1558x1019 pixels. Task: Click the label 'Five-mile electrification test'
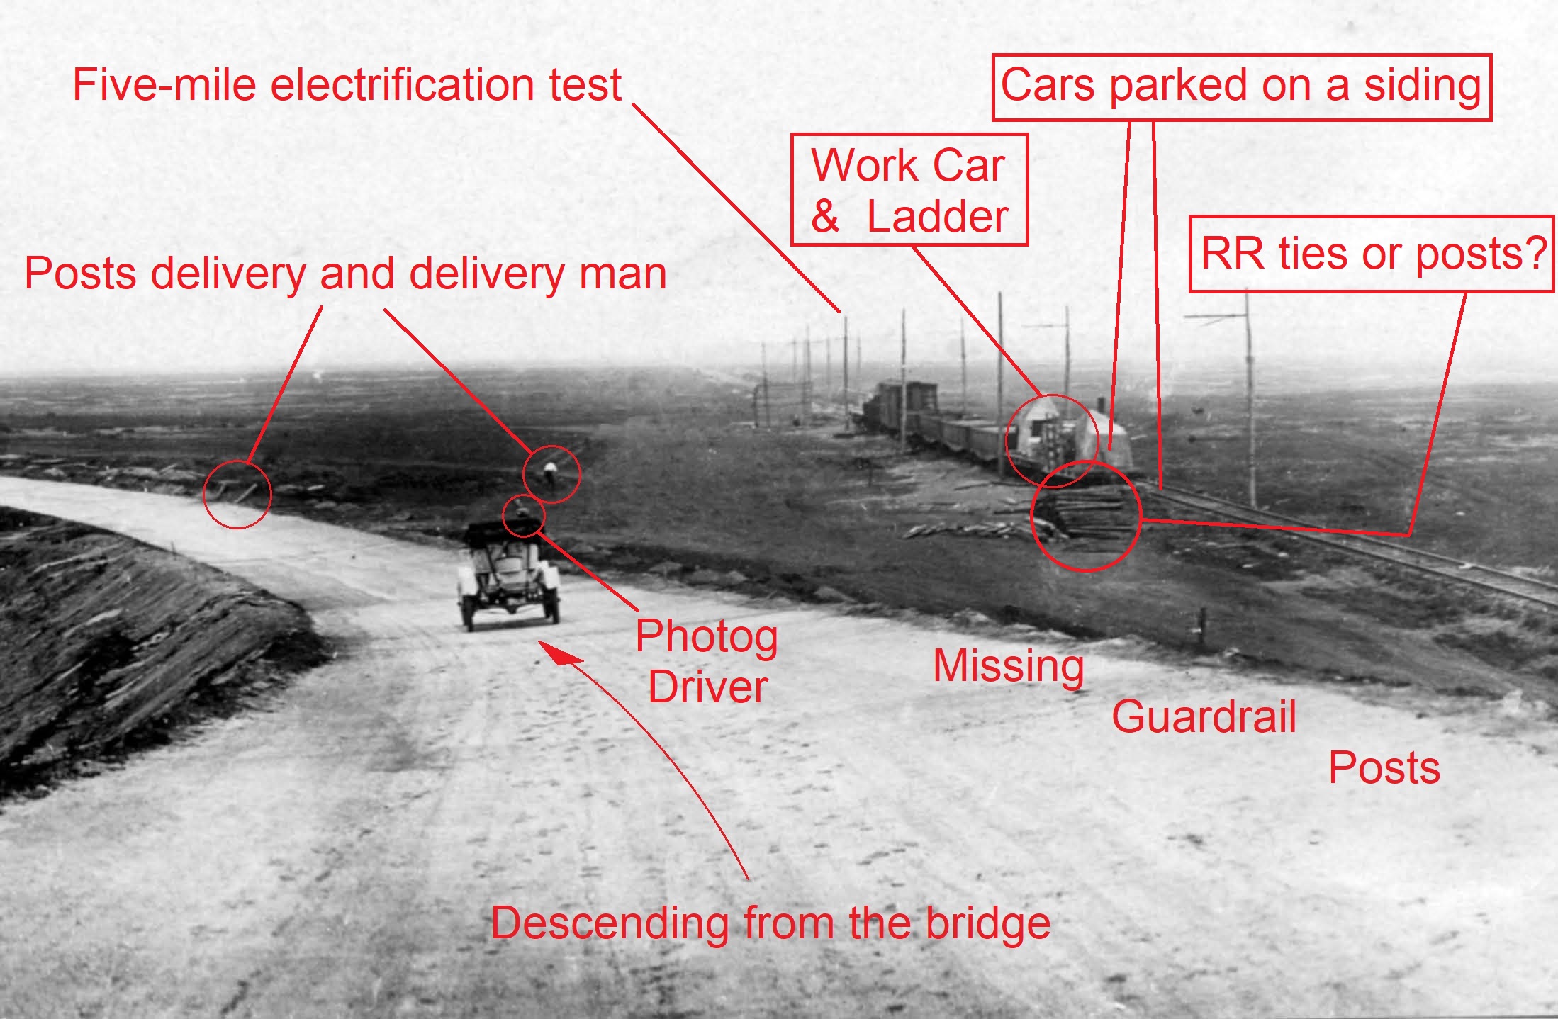point(347,85)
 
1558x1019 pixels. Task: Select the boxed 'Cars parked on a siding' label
point(1241,86)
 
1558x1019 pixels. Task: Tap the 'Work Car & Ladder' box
point(909,190)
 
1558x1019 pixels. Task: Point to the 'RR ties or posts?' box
point(1371,254)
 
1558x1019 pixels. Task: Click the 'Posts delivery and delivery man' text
point(345,274)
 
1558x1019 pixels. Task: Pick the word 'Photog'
point(706,636)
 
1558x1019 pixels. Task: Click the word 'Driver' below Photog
point(707,687)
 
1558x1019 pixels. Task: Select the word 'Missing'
point(1008,666)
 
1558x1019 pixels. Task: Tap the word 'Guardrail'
point(1204,716)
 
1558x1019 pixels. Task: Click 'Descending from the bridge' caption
point(770,923)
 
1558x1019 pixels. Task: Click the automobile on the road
point(508,575)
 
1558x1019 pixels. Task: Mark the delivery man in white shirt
point(550,473)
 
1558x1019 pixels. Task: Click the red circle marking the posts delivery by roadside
point(237,494)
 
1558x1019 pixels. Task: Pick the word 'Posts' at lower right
point(1384,768)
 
